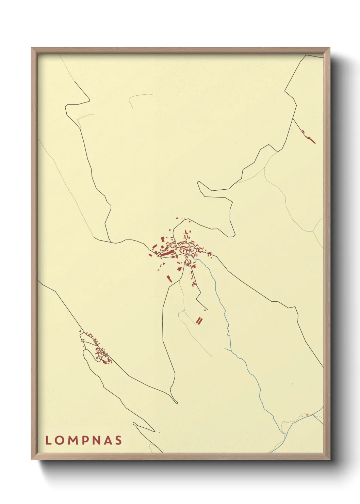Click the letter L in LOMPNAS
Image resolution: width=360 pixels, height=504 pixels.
[48, 440]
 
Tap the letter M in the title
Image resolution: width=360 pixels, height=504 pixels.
[73, 440]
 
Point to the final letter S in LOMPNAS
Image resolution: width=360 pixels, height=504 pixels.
[118, 440]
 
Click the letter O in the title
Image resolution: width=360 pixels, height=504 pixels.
[60, 440]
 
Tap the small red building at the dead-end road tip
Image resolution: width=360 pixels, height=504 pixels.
[205, 310]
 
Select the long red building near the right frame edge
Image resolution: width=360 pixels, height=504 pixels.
[311, 140]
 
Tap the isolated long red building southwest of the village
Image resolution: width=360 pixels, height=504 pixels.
[169, 279]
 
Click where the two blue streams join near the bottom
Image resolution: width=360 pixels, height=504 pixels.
[285, 434]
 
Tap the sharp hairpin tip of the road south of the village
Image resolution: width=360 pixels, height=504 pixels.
[177, 403]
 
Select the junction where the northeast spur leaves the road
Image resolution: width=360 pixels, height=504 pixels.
[293, 118]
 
